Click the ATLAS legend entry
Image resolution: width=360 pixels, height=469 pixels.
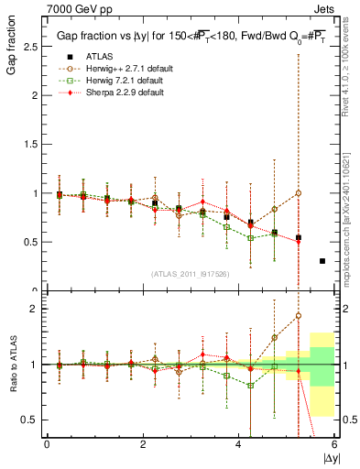pos(100,55)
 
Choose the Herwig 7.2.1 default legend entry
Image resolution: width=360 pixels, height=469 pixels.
pos(115,80)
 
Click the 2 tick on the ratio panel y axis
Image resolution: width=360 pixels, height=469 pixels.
pos(35,309)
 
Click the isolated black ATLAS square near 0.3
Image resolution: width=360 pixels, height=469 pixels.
pos(322,261)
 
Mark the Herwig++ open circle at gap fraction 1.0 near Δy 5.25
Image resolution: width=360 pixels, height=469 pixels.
pos(298,193)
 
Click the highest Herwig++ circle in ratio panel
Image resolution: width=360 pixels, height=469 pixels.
pos(298,316)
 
